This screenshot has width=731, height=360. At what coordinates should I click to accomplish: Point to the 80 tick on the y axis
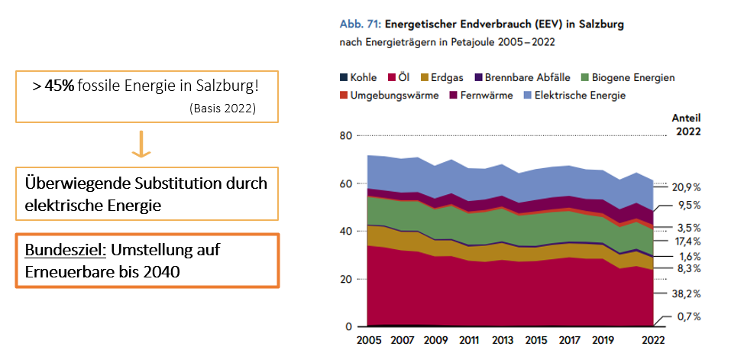[345, 136]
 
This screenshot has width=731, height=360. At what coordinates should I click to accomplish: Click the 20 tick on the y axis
[345, 280]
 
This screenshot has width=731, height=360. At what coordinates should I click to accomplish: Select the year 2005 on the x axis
[368, 339]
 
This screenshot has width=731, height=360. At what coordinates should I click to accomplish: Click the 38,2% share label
[685, 294]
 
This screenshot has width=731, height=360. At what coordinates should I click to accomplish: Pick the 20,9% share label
[685, 187]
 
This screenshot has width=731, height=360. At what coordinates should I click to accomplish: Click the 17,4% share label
[685, 242]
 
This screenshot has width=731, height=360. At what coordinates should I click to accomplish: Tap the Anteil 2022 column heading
[684, 124]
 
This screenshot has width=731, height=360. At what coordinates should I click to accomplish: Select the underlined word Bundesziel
[58, 251]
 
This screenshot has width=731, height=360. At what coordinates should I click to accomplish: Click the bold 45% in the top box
[59, 86]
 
